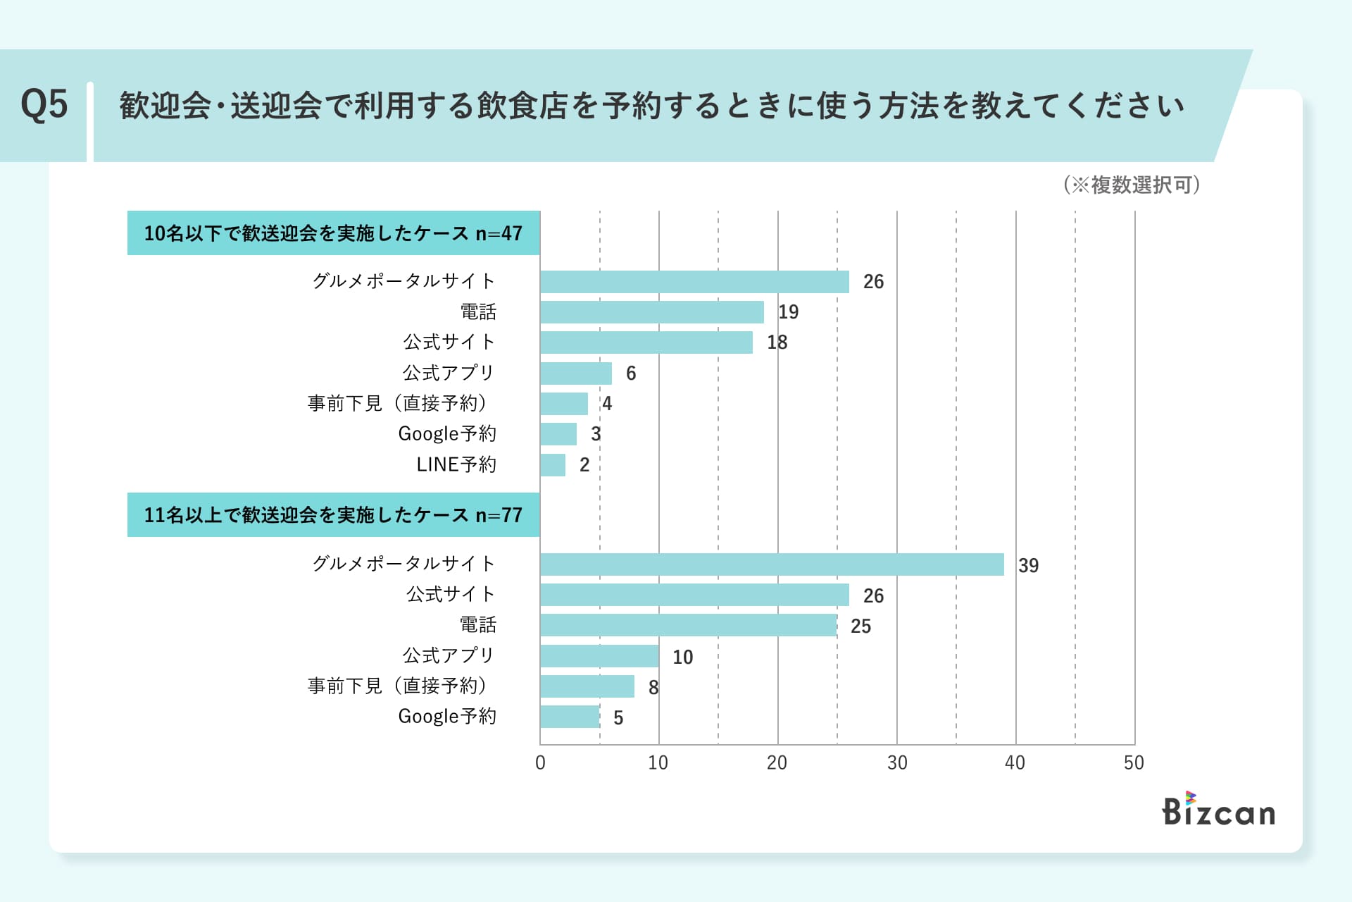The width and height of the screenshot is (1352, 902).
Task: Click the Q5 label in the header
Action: (x=44, y=105)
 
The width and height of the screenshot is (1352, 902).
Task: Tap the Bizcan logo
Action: (x=1218, y=810)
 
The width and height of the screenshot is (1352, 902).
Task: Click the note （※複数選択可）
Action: (x=1131, y=185)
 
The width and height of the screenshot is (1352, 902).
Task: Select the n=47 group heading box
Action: (x=333, y=233)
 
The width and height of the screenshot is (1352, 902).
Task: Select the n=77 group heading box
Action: (x=333, y=515)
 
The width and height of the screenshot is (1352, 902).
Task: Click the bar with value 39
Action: (x=772, y=564)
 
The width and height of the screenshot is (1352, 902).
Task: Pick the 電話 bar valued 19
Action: (x=652, y=312)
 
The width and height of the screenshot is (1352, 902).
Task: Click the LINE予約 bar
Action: (x=553, y=465)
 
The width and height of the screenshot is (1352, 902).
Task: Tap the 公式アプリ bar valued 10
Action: (x=599, y=656)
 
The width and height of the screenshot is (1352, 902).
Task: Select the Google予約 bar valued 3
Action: (x=558, y=434)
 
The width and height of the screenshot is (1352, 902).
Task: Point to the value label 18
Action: (x=777, y=342)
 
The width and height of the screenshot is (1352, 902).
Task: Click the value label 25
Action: (x=860, y=626)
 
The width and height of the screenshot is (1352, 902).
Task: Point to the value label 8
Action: (x=653, y=688)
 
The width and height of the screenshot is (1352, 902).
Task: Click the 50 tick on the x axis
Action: (x=1134, y=763)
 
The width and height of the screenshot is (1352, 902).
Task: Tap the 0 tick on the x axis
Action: (x=540, y=763)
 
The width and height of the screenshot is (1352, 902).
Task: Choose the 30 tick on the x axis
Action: (x=896, y=763)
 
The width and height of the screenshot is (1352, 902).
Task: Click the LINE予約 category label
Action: (x=456, y=465)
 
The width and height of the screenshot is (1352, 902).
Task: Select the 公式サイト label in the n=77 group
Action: (x=451, y=595)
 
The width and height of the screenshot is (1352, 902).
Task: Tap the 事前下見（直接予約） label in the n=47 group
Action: (x=397, y=404)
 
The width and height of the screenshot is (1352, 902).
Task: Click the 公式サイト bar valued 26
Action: (x=694, y=595)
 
